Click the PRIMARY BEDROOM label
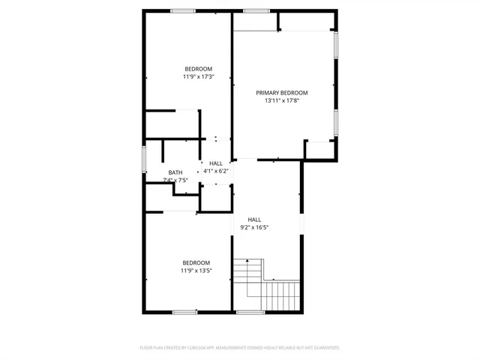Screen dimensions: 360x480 [x=282, y=93]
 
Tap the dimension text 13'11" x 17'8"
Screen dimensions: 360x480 [x=282, y=101]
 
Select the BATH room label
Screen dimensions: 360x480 [x=175, y=172]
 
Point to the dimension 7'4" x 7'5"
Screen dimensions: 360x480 [x=175, y=180]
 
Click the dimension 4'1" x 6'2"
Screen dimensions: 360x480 [x=216, y=171]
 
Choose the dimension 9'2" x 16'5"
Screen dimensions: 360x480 [x=254, y=227]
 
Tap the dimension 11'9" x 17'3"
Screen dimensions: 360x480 [x=198, y=76]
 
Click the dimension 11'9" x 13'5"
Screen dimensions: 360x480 [x=196, y=271]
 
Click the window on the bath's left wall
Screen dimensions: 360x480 [x=144, y=160]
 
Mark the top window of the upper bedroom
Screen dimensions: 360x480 [x=184, y=10]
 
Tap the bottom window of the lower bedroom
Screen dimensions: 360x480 [x=184, y=311]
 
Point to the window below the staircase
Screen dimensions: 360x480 [x=250, y=311]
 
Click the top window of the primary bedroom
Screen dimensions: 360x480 [x=256, y=10]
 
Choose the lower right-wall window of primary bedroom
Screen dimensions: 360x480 [x=336, y=121]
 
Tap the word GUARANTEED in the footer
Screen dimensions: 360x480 [x=325, y=348]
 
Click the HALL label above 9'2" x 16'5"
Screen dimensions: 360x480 [x=254, y=219]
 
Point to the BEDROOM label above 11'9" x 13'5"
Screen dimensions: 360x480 [x=196, y=262]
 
